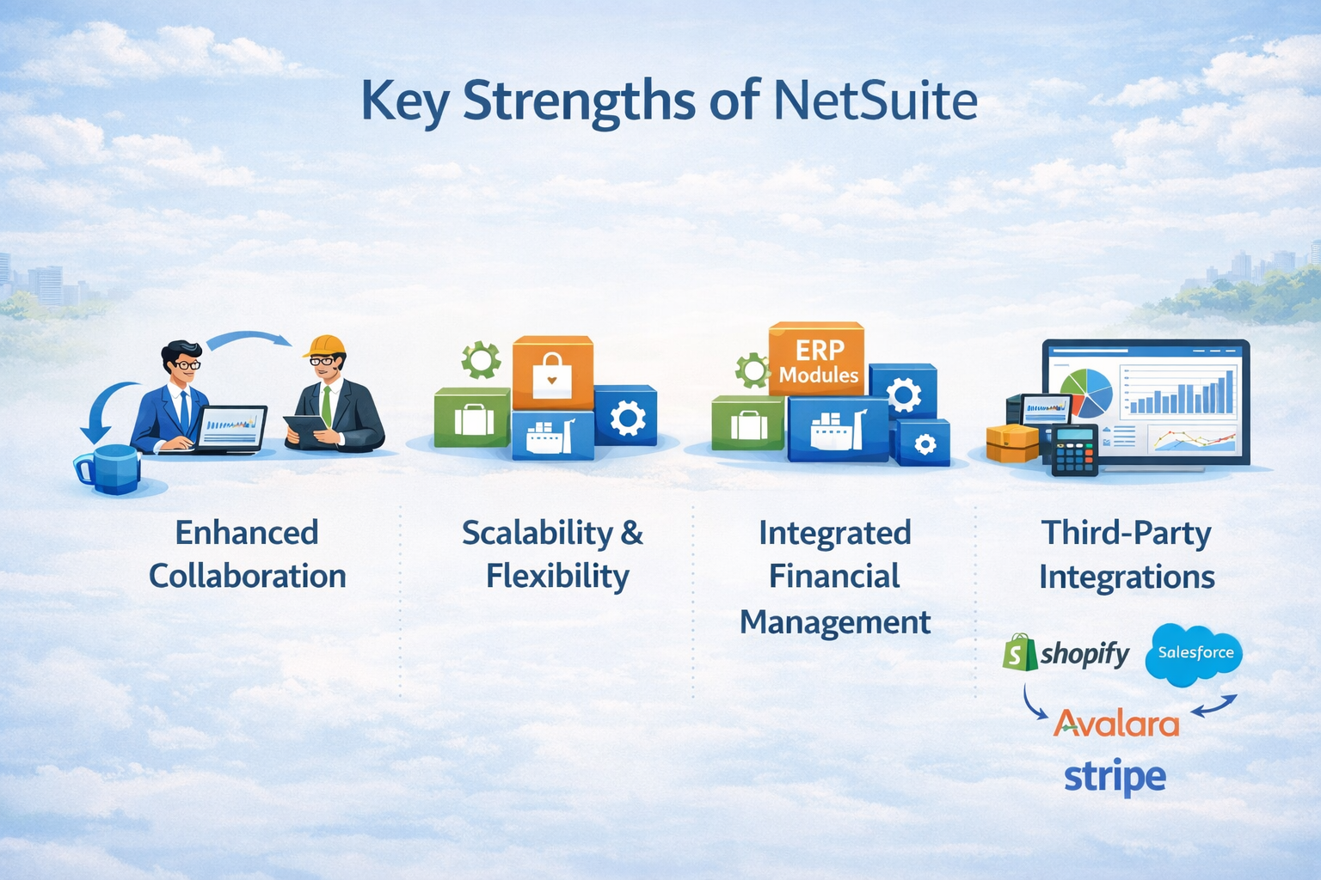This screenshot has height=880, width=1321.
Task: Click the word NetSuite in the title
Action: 875,101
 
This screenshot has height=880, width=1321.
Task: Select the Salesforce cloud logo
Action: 1195,654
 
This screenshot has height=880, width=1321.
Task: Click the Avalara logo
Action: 1116,724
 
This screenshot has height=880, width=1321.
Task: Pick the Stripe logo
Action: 1115,778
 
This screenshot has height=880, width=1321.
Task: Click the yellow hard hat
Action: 324,345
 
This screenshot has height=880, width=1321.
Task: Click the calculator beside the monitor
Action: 1074,449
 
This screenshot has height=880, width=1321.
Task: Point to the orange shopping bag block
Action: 552,373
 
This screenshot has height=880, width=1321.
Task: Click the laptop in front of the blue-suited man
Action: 230,428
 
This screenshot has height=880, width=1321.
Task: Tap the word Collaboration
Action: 248,576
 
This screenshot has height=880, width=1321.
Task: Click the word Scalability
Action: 538,534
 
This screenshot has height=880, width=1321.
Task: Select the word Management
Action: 835,622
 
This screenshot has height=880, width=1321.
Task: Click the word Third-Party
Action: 1127,534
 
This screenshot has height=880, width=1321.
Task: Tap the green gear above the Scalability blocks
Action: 481,360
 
